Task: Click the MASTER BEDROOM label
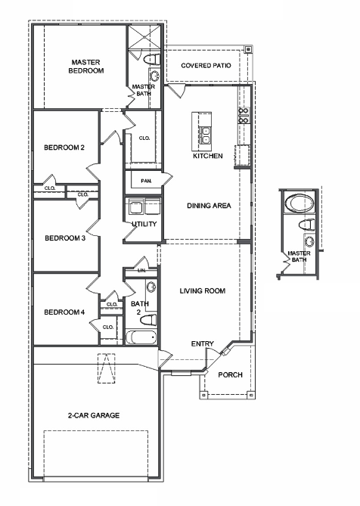pyautogui.click(x=87, y=67)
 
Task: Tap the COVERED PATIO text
pyautogui.click(x=206, y=66)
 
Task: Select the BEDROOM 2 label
pyautogui.click(x=64, y=147)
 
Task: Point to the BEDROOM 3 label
pyautogui.click(x=64, y=238)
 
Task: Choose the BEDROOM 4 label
pyautogui.click(x=64, y=312)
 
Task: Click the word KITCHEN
pyautogui.click(x=207, y=157)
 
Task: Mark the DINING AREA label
pyautogui.click(x=209, y=205)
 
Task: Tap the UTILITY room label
pyautogui.click(x=144, y=225)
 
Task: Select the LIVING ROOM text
pyautogui.click(x=203, y=290)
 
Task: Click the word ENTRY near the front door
pyautogui.click(x=202, y=343)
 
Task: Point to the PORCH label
pyautogui.click(x=230, y=375)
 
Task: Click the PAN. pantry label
pyautogui.click(x=146, y=182)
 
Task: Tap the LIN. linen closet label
pyautogui.click(x=141, y=269)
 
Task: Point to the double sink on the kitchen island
pyautogui.click(x=206, y=135)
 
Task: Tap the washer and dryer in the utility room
pyautogui.click(x=143, y=208)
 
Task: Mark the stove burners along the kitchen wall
pyautogui.click(x=244, y=115)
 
